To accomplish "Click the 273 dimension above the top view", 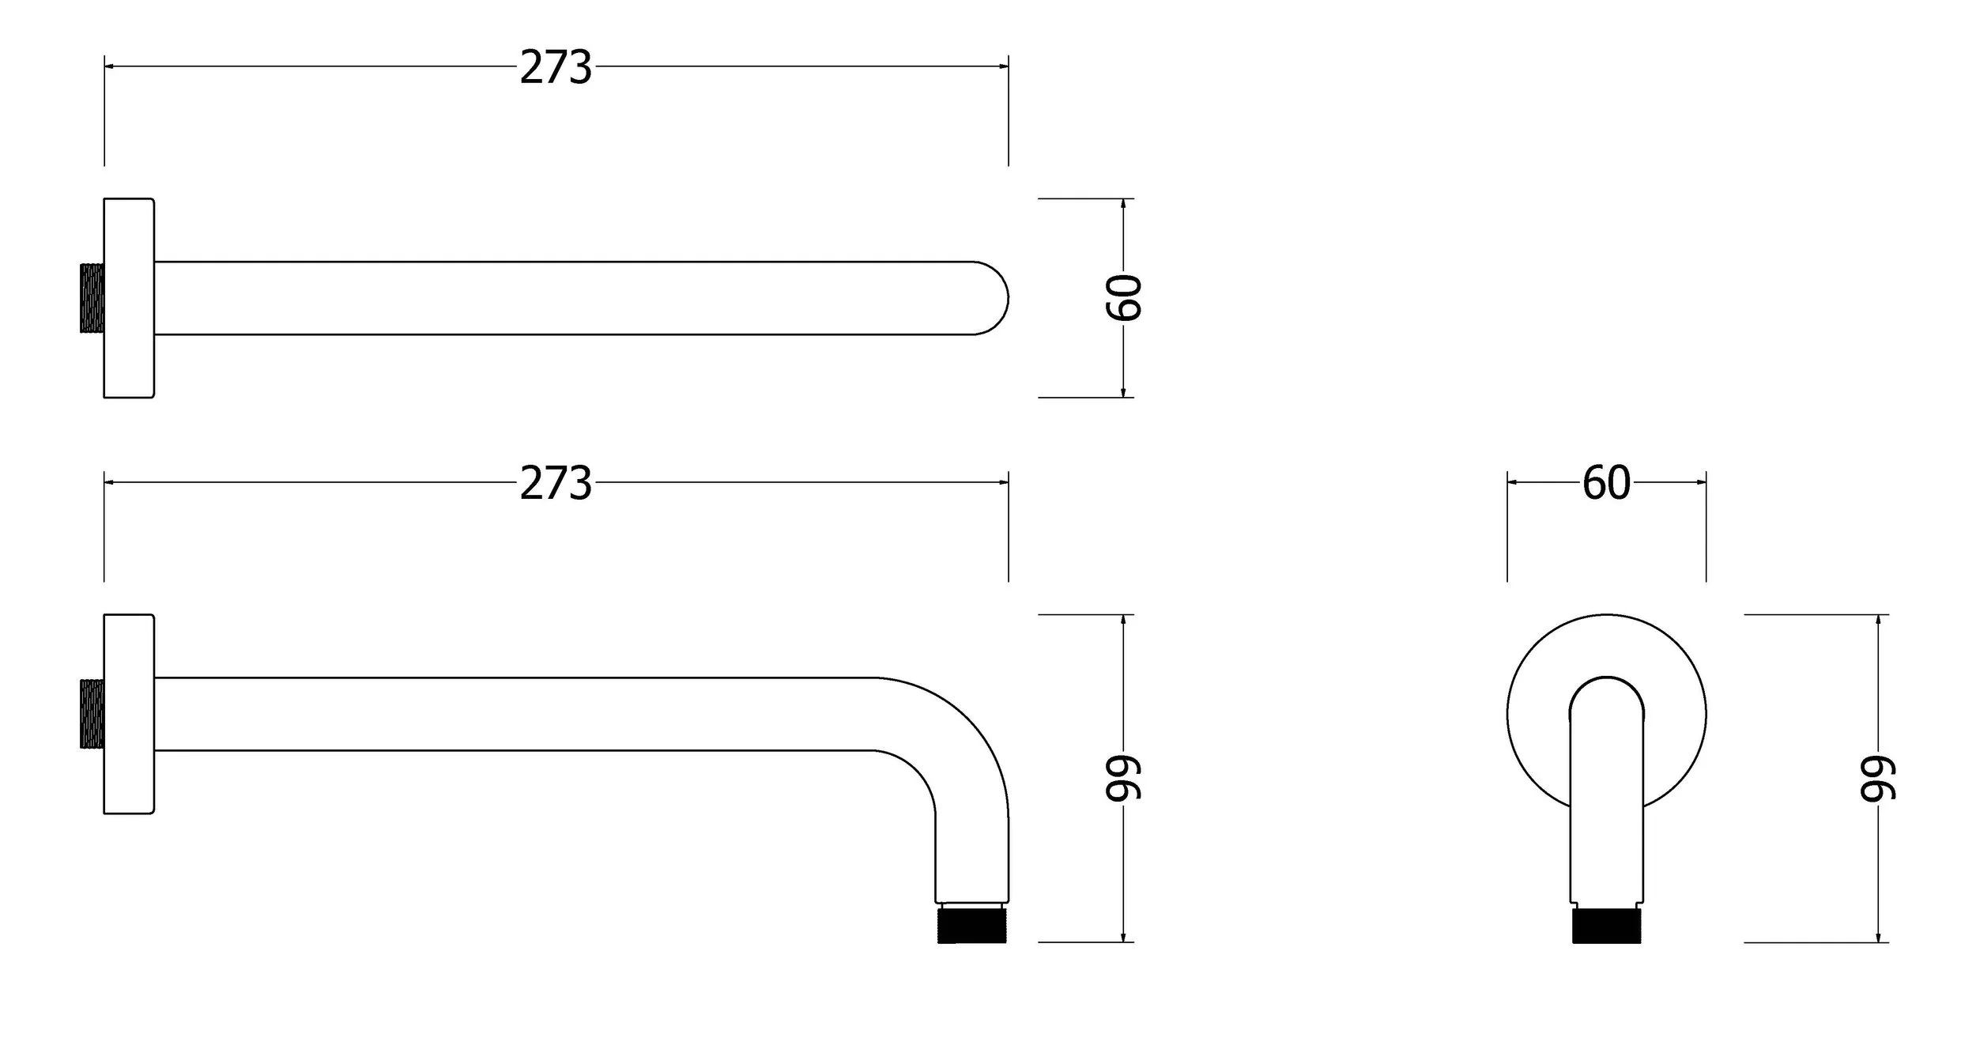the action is (x=556, y=67).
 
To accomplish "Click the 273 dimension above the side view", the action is (x=556, y=483).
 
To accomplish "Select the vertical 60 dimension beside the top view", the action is (x=1123, y=298).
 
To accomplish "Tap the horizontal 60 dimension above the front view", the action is (x=1606, y=483).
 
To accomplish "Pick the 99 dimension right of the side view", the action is (x=1123, y=778).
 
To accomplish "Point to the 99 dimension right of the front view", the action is (x=1878, y=778).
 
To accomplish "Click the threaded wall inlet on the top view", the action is (x=92, y=298).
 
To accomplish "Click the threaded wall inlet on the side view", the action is (x=92, y=714).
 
